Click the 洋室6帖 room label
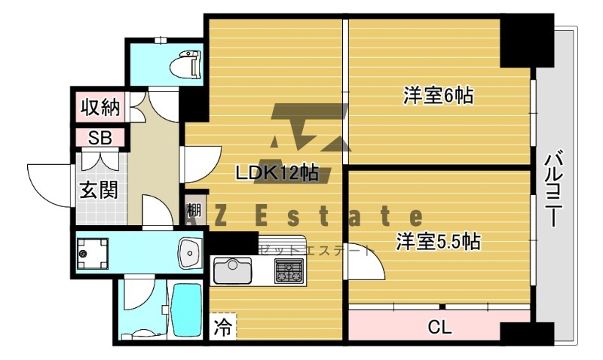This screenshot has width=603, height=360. tap(437, 96)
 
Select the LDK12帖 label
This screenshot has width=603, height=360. tap(277, 172)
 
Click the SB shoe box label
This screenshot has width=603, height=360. tap(99, 138)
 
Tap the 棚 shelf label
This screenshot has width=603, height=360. tap(194, 210)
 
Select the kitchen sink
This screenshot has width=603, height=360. tap(233, 270)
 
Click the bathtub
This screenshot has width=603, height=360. tap(184, 310)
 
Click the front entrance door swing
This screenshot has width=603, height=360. tap(49, 181)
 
